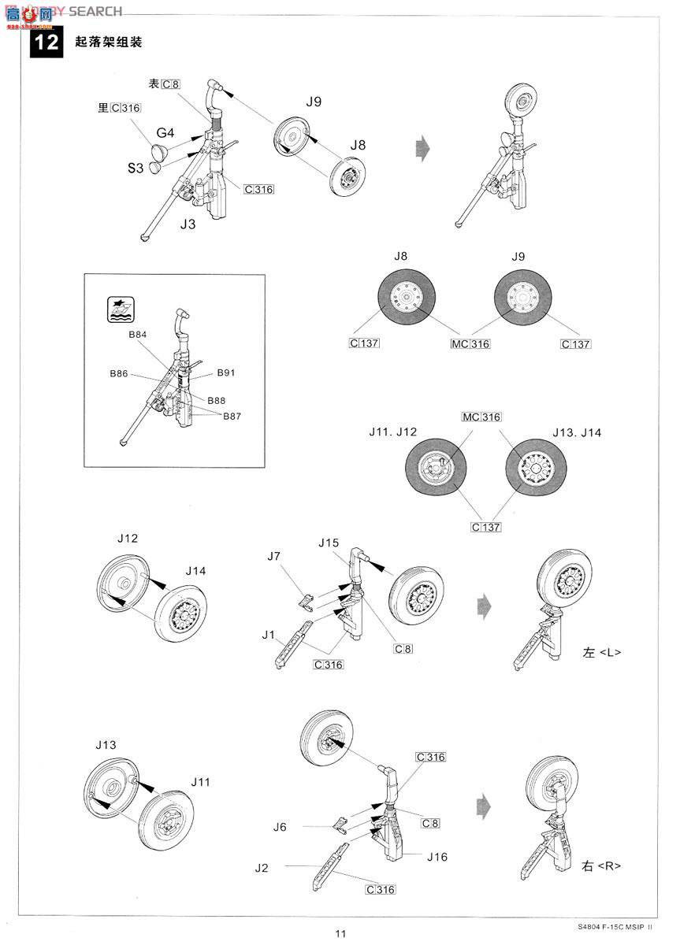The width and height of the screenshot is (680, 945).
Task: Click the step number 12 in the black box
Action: [46, 42]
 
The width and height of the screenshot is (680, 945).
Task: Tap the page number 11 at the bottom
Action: [340, 934]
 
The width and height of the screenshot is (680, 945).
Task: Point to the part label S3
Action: [136, 167]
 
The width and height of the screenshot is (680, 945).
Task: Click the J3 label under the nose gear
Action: [188, 224]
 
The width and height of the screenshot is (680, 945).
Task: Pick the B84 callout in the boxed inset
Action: [138, 335]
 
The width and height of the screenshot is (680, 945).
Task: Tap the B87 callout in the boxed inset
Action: [231, 416]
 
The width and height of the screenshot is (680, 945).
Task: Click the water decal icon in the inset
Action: [119, 310]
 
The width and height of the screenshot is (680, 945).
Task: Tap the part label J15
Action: [329, 543]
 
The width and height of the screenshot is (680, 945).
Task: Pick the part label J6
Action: [281, 827]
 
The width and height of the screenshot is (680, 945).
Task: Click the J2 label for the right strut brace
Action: [262, 868]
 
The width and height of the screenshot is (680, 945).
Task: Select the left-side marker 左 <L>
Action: [602, 653]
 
